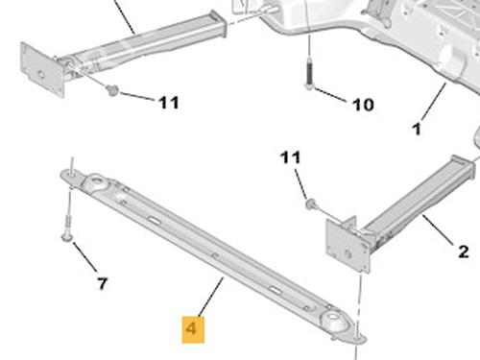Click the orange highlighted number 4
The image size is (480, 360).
(x=193, y=329)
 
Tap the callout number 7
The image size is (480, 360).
(x=102, y=283)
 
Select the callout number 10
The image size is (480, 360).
(x=363, y=105)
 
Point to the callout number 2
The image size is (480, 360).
(x=463, y=252)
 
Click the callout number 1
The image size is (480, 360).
(x=417, y=129)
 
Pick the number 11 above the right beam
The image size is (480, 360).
(x=290, y=157)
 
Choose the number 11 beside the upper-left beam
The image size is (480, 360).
(x=169, y=103)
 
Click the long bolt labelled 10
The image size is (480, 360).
(x=309, y=73)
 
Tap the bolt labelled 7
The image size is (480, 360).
(x=68, y=228)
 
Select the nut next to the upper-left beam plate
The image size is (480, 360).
(x=112, y=90)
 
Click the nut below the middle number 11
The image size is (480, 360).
(x=310, y=204)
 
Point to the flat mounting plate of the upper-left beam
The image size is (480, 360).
(x=42, y=69)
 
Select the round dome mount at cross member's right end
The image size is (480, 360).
(x=335, y=322)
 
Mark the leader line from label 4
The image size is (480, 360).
(x=211, y=296)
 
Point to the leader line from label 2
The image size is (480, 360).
(x=438, y=230)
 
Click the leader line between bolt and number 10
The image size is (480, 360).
(x=330, y=95)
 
